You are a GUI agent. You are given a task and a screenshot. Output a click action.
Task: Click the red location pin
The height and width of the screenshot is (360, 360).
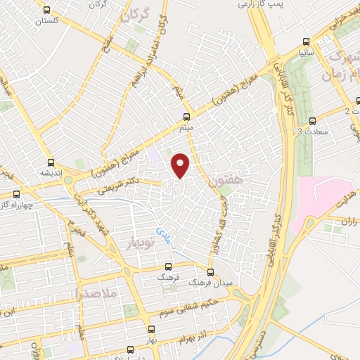point(181,165)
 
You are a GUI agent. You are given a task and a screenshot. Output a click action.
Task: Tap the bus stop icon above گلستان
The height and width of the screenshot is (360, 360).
point(46,11)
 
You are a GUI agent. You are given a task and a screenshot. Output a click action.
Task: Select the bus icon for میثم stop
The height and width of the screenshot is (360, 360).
point(186,117)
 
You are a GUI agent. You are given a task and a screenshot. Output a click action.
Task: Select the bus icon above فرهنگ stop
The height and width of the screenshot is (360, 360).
point(167,266)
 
